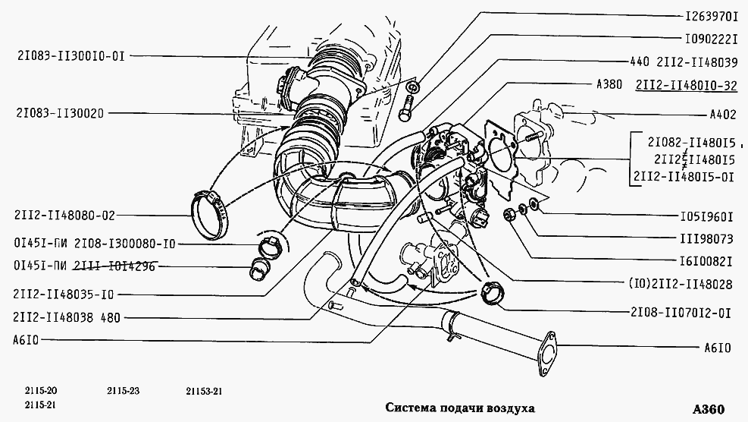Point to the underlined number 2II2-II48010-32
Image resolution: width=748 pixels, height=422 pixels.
click(687, 86)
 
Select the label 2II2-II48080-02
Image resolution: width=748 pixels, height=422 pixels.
click(64, 215)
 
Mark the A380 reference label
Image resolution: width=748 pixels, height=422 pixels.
click(610, 86)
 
